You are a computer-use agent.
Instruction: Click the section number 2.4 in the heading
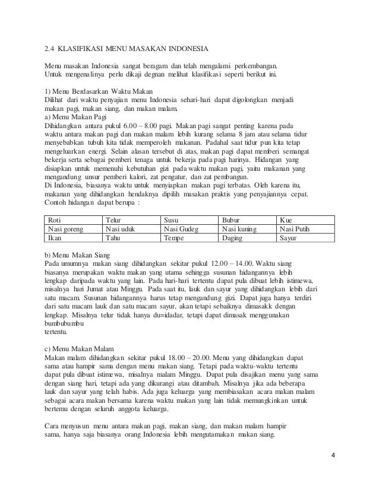50,49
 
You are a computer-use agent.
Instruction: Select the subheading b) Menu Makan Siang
76,254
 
